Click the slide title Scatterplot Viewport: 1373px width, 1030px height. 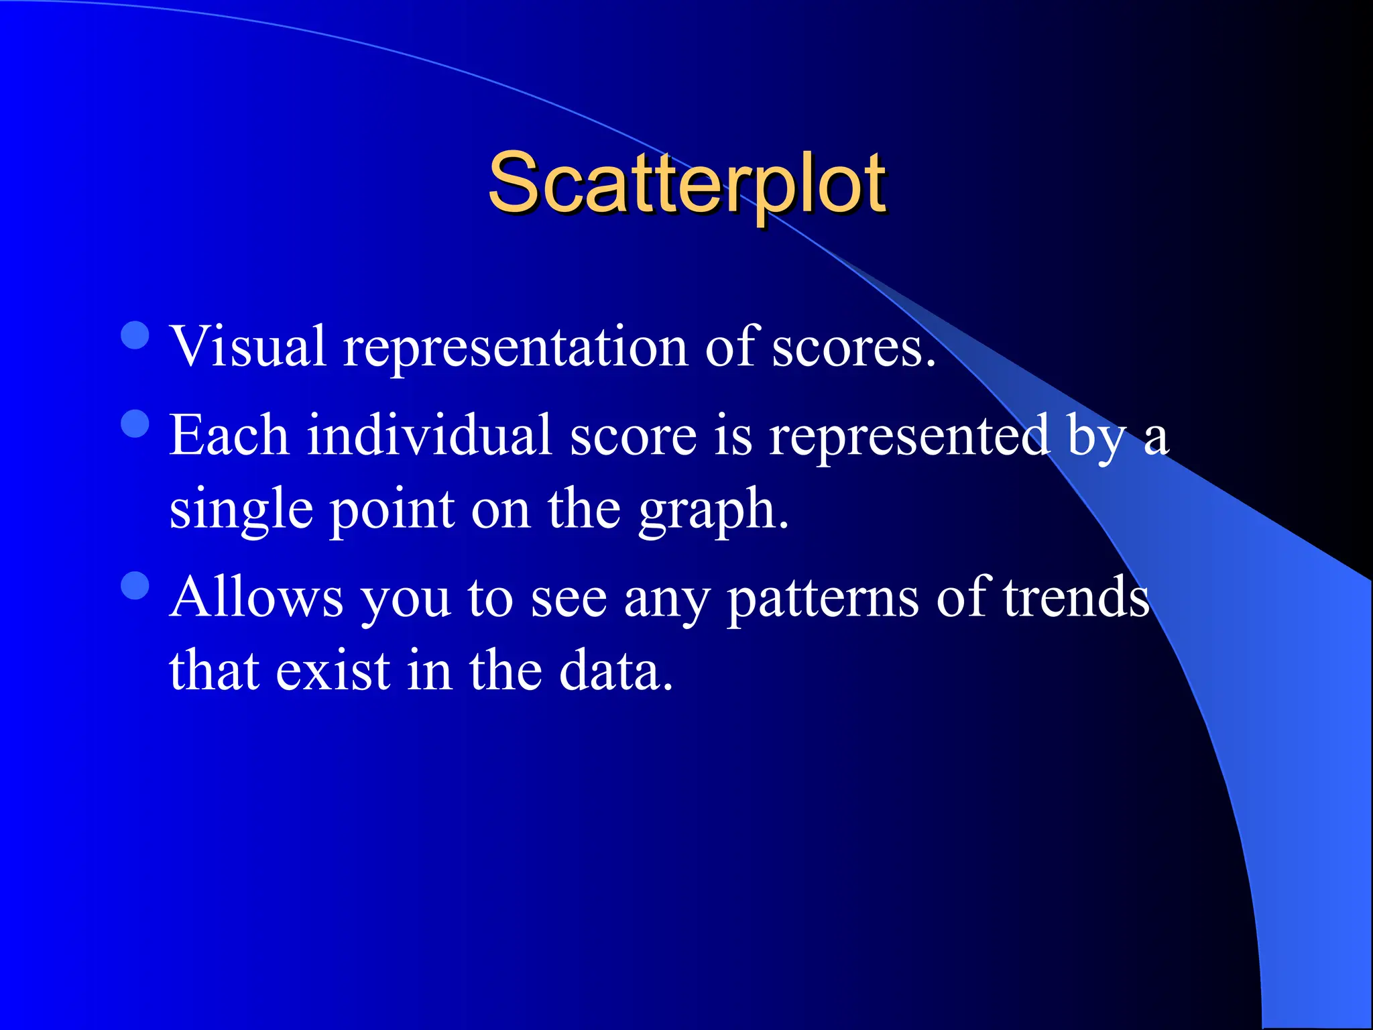point(686,182)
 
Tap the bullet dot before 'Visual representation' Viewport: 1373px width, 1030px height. point(135,335)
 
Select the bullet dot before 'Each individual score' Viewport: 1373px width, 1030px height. point(135,424)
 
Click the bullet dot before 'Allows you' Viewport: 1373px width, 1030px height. point(135,585)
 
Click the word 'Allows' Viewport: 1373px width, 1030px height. point(257,596)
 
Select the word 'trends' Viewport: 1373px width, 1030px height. point(1076,596)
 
